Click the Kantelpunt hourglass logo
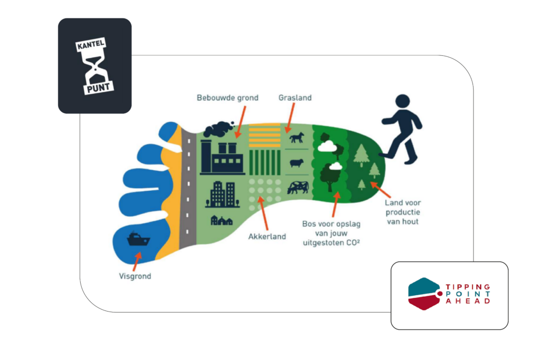click(x=94, y=65)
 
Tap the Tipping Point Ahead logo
click(x=449, y=294)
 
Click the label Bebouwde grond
click(x=228, y=98)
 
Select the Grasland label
click(x=295, y=98)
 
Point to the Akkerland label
click(x=267, y=236)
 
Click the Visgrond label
click(x=135, y=276)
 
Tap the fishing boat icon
click(x=139, y=240)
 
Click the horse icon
click(x=297, y=138)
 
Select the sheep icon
click(x=297, y=163)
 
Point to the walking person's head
click(x=402, y=101)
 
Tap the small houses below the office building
click(x=221, y=220)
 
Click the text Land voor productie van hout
click(x=402, y=212)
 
